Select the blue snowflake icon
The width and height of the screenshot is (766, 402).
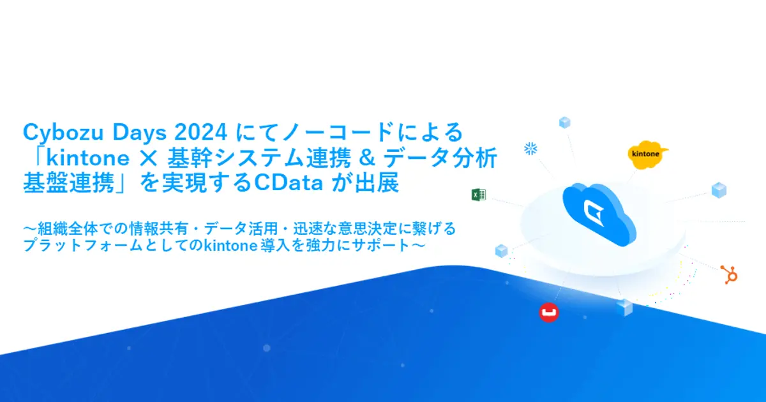(x=530, y=148)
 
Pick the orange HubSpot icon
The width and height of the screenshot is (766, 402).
(x=728, y=274)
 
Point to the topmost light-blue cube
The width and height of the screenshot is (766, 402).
(x=564, y=122)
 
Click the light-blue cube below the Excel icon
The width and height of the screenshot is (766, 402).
(x=501, y=250)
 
